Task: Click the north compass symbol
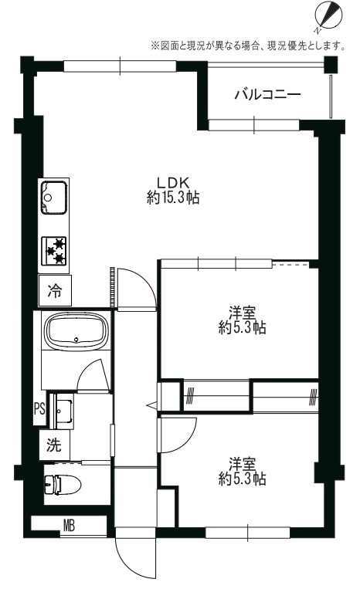click(328, 15)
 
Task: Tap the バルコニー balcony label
click(267, 94)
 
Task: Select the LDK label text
click(173, 183)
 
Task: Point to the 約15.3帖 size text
click(173, 197)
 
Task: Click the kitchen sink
click(54, 198)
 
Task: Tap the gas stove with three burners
click(54, 251)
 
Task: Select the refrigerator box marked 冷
click(55, 290)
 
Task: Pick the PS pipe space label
click(39, 408)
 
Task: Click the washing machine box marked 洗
click(55, 445)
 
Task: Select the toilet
click(63, 485)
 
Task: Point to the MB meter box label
click(69, 526)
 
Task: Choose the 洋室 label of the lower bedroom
click(243, 464)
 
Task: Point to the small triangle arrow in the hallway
click(151, 405)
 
